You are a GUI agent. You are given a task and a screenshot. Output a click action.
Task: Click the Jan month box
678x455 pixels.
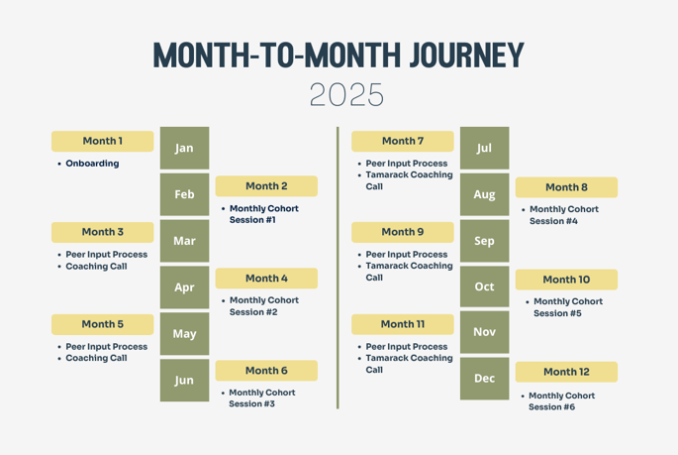click(x=184, y=148)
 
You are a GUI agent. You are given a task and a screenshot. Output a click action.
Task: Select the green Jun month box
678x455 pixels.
click(x=184, y=381)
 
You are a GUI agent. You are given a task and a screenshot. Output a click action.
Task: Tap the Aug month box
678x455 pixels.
click(x=484, y=194)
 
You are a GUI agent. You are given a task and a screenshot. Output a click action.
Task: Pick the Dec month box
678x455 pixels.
click(x=484, y=379)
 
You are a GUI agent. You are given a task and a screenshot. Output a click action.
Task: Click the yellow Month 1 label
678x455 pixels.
click(x=103, y=141)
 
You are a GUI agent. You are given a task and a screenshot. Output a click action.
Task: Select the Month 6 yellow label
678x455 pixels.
click(x=266, y=371)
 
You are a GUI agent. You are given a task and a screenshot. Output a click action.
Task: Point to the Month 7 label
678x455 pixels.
click(x=403, y=141)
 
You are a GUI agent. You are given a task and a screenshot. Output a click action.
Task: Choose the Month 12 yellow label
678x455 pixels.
click(x=566, y=372)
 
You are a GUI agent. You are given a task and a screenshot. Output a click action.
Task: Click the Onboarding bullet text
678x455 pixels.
click(x=92, y=164)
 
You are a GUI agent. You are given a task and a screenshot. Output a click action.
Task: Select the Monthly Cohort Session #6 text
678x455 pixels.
click(x=561, y=401)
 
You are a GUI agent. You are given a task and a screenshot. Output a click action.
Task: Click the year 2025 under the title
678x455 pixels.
click(x=346, y=95)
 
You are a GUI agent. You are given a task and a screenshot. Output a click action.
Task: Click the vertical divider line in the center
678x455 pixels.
click(x=338, y=268)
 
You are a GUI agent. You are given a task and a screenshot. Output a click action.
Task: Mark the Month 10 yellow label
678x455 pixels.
click(x=566, y=280)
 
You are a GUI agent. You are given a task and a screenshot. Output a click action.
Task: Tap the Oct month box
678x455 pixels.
click(x=484, y=286)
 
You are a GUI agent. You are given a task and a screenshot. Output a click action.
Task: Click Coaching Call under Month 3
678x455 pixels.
click(x=96, y=267)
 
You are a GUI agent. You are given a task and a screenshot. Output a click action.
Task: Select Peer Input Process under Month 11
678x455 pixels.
click(x=406, y=347)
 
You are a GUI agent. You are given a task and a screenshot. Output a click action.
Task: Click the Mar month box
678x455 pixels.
click(x=184, y=241)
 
